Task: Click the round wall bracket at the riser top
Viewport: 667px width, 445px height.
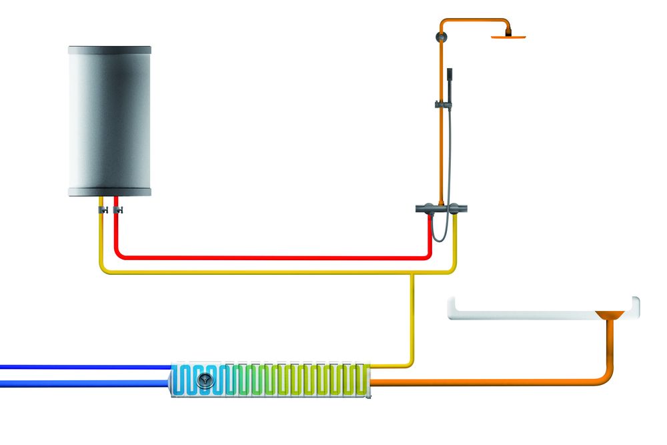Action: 441,35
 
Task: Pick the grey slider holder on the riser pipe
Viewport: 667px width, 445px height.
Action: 441,104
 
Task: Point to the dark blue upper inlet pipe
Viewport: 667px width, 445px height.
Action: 80,367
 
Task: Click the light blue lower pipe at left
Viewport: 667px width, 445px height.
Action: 80,383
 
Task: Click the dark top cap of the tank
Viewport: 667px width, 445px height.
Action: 110,50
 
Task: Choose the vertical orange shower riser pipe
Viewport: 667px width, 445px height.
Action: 441,153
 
